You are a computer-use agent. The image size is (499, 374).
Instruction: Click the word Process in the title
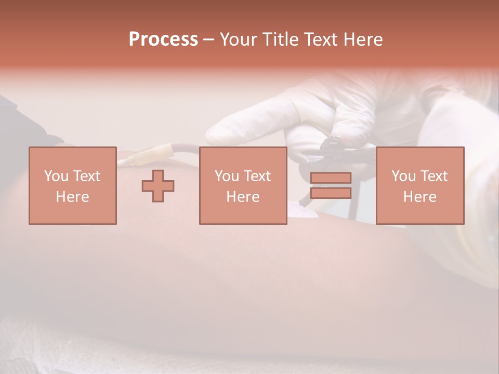click(x=163, y=39)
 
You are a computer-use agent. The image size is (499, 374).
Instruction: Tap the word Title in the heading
click(x=278, y=39)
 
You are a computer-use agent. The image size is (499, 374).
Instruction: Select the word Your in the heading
click(x=238, y=39)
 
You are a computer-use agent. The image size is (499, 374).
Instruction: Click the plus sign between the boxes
click(x=158, y=185)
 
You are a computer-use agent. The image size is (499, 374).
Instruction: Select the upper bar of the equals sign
click(x=331, y=178)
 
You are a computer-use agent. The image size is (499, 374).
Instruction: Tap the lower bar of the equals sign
click(x=331, y=193)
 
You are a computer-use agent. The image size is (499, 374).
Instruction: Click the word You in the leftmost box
click(x=55, y=176)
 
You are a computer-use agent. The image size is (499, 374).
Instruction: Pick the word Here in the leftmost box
click(x=72, y=197)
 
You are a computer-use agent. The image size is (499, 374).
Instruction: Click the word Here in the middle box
click(x=243, y=197)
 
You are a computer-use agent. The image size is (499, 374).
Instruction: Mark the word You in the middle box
click(x=226, y=176)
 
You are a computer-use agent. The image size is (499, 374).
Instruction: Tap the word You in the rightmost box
click(x=403, y=176)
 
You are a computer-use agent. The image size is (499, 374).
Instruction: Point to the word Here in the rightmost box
click(x=419, y=197)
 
